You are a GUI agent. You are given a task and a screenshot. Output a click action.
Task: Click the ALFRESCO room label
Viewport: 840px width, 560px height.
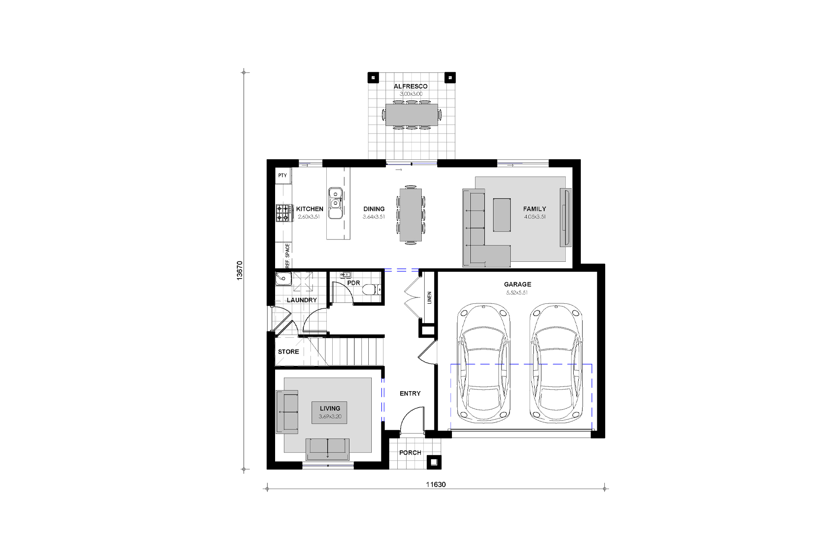(410, 86)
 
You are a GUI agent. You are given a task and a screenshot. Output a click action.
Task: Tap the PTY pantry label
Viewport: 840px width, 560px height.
(282, 175)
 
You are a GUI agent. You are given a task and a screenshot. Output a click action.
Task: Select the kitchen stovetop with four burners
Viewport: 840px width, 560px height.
(284, 213)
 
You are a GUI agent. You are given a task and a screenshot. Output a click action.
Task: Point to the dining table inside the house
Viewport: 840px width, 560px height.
(410, 215)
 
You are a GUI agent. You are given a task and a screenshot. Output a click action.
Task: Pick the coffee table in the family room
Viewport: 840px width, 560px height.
(502, 215)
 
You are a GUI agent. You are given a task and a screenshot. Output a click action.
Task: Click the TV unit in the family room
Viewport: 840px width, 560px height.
(565, 218)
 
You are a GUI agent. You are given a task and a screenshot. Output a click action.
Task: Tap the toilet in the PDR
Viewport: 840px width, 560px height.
(371, 289)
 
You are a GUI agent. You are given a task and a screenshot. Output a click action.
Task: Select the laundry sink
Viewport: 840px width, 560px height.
(283, 279)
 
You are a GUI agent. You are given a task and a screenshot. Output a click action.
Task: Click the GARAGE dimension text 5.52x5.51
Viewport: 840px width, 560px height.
(517, 292)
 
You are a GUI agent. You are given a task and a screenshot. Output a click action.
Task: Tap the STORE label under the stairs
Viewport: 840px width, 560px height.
(289, 352)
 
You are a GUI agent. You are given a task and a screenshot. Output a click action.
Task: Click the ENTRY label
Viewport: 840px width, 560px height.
(410, 394)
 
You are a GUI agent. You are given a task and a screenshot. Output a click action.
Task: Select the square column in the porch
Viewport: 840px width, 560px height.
(434, 462)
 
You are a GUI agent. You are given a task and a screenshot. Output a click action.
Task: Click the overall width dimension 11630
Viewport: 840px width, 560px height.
(436, 484)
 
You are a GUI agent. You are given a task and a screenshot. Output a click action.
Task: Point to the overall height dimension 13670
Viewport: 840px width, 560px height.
(239, 271)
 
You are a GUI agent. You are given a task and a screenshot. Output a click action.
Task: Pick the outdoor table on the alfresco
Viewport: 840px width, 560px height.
(412, 114)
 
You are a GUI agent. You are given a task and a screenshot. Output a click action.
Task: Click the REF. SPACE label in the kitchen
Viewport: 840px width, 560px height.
(288, 255)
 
